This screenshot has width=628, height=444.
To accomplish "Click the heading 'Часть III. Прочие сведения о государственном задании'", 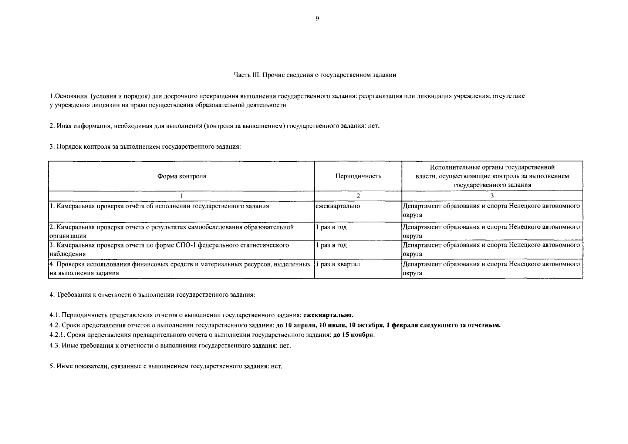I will (315, 75).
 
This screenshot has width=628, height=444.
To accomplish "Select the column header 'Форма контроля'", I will (182, 176).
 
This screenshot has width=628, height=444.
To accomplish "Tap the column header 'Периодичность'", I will (358, 176).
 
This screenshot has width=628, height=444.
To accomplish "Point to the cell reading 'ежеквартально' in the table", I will (338, 206).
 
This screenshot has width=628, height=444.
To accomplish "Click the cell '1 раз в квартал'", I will (338, 265).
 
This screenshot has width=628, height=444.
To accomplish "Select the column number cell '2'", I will (358, 196).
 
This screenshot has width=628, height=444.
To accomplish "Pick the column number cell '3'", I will (492, 196).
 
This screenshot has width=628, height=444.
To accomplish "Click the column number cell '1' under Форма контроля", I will (182, 196).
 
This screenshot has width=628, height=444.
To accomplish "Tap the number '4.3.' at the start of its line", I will (55, 346).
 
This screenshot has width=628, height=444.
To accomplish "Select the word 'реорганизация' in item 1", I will (378, 96).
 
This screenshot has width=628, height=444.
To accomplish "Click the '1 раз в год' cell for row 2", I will (331, 227).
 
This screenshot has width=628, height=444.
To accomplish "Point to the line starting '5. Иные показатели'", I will (166, 367).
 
